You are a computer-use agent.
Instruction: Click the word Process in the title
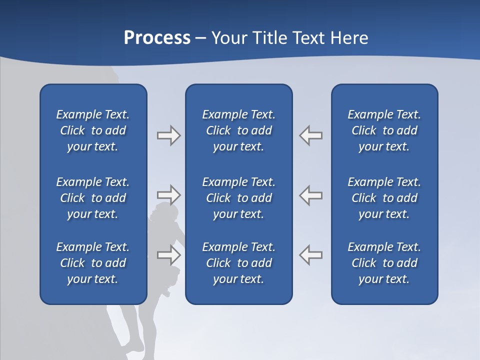click(157, 37)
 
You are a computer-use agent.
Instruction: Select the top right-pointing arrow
click(168, 135)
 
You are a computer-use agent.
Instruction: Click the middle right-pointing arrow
click(168, 194)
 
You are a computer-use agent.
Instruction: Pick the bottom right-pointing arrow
click(168, 255)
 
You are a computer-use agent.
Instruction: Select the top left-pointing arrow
click(311, 135)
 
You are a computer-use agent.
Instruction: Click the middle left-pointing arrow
click(311, 194)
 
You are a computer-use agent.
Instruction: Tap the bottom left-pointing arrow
click(311, 255)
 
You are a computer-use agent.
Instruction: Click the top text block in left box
click(93, 130)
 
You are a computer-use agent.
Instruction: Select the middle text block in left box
click(93, 198)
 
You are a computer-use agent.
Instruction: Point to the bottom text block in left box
click(93, 263)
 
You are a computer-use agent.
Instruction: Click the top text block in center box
click(239, 130)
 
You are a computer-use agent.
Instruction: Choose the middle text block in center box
click(239, 198)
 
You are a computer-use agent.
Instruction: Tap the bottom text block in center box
click(239, 263)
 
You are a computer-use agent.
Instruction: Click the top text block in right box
click(384, 130)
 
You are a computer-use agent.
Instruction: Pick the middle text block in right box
click(384, 198)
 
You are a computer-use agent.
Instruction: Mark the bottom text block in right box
click(384, 263)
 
